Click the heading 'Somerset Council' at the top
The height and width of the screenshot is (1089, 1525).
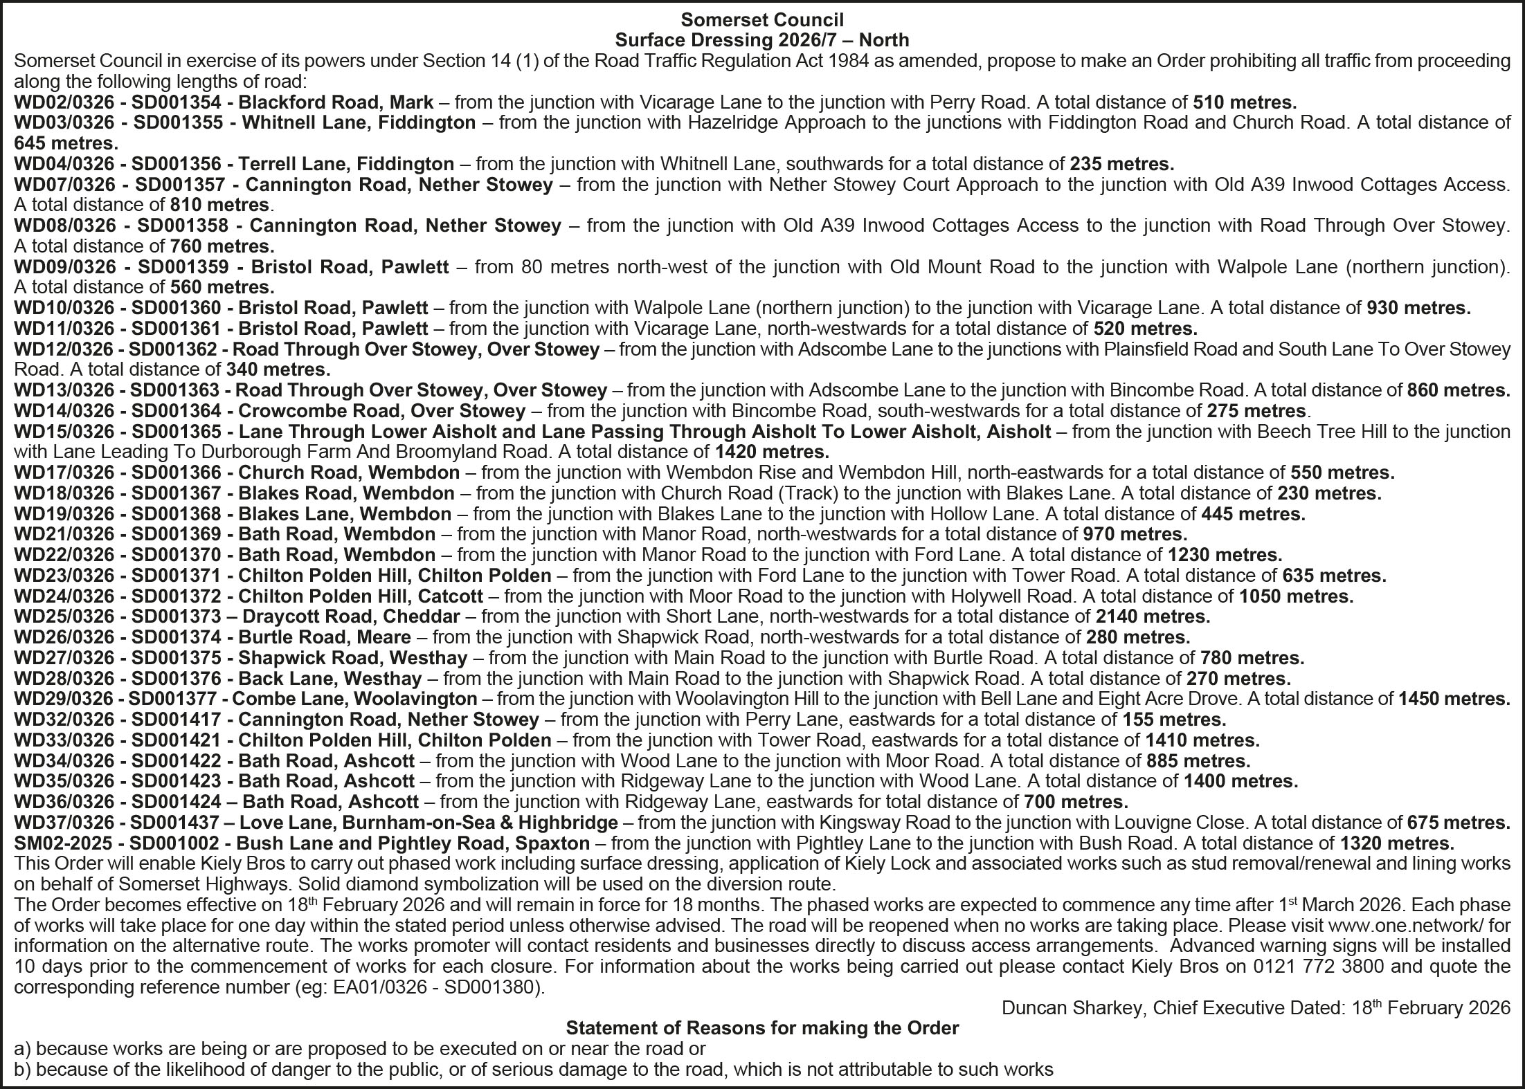tap(761, 19)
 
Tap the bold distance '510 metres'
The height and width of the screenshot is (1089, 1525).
tap(1244, 102)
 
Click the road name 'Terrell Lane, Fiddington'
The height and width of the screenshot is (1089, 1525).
tap(346, 164)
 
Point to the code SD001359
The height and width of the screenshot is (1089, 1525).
tap(188, 266)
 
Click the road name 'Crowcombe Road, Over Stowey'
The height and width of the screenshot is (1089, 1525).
tap(381, 411)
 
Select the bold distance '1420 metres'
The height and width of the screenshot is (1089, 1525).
tap(770, 452)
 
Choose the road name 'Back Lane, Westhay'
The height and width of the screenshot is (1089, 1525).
tap(330, 678)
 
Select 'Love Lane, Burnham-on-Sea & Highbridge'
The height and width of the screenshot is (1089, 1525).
tap(428, 823)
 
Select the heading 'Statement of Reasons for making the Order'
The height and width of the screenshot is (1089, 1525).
tap(761, 1028)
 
